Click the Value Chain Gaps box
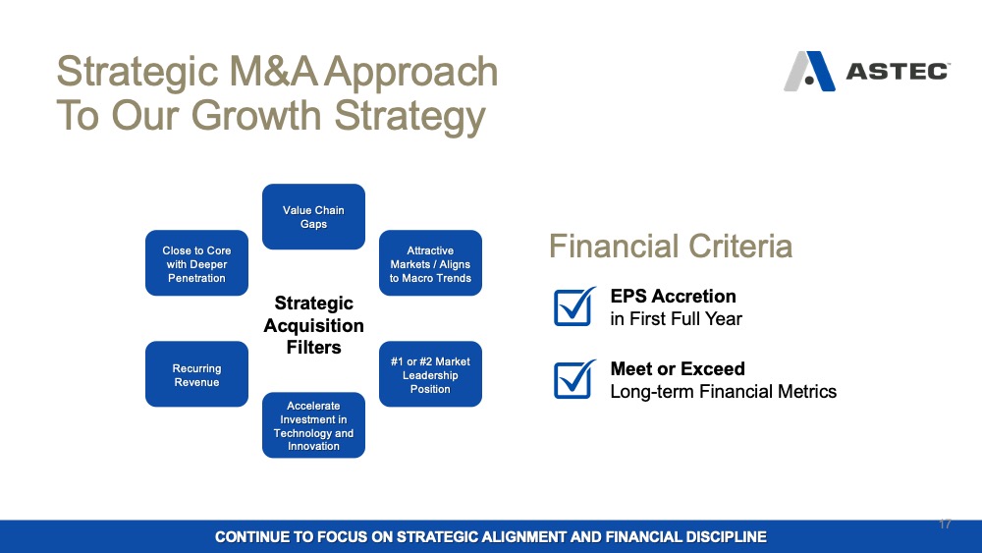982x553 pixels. click(x=313, y=217)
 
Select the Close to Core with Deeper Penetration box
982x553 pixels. click(x=196, y=263)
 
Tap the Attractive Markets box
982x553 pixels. click(x=430, y=263)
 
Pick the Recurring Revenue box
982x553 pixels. click(x=196, y=374)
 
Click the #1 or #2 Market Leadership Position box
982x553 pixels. click(x=430, y=374)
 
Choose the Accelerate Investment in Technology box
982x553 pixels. click(x=313, y=425)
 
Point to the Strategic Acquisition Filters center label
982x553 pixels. click(x=314, y=325)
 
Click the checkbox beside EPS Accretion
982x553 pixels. click(x=573, y=306)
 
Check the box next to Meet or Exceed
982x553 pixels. click(x=573, y=379)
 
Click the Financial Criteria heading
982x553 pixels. click(x=671, y=246)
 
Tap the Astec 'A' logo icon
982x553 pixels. click(x=809, y=72)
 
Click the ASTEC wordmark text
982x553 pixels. click(x=898, y=72)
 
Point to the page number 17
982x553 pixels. click(x=945, y=524)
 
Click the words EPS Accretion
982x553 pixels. click(x=674, y=297)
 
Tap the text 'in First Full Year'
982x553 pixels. click(x=677, y=319)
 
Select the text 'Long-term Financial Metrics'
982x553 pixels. click(x=724, y=391)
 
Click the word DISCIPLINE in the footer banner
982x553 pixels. click(x=726, y=536)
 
